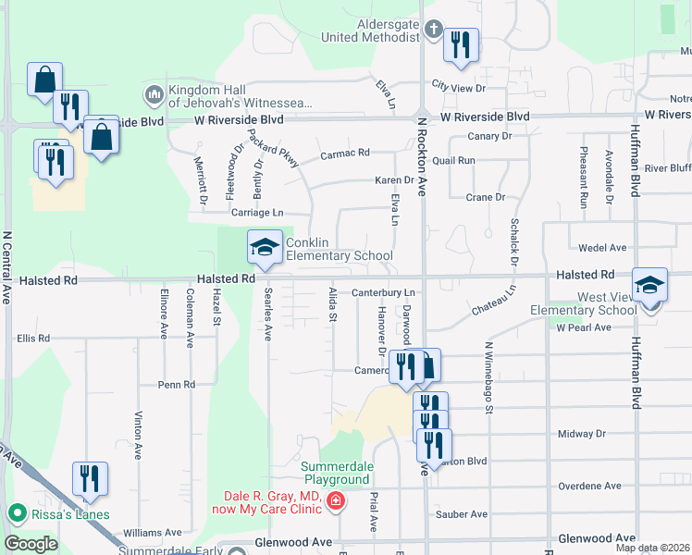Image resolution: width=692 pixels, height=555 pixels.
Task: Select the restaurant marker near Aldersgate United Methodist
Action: [x=461, y=45]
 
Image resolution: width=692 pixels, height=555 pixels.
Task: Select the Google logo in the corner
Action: [x=31, y=544]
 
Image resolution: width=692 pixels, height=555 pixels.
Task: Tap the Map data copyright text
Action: [x=652, y=548]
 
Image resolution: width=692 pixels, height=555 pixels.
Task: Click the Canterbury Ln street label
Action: [x=382, y=292]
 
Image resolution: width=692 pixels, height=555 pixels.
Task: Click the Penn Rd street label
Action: [x=176, y=384]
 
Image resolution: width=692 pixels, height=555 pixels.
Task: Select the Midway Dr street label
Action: [x=582, y=434]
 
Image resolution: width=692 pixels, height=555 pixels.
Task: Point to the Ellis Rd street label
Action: [x=33, y=339]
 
